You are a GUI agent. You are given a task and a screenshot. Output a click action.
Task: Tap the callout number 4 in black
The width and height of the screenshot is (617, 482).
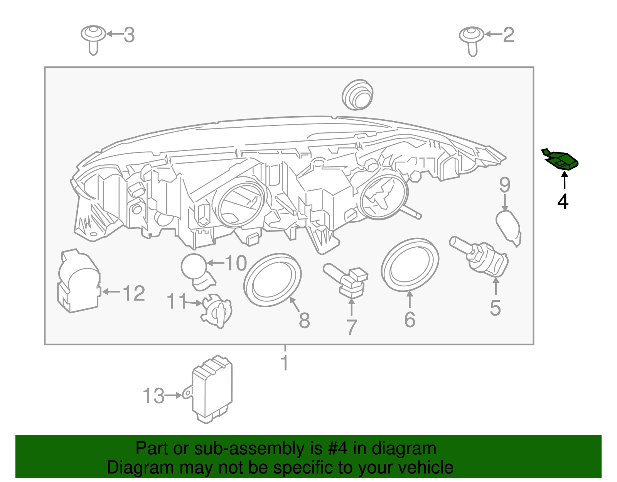point(563,201)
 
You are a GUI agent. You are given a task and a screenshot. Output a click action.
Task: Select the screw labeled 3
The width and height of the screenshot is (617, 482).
point(93,39)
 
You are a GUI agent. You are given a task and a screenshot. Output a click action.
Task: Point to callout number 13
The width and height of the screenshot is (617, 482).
point(153,396)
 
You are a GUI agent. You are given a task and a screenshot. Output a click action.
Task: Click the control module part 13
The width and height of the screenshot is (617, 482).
point(212,390)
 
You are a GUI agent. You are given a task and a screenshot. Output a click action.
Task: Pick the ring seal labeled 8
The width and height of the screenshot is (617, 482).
point(272,280)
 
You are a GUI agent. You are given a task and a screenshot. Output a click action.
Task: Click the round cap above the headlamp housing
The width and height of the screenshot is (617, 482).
point(358,95)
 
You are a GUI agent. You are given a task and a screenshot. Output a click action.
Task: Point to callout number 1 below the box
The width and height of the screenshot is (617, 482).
point(285,363)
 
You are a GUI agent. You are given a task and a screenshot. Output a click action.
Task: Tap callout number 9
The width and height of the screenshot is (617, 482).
point(505,185)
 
